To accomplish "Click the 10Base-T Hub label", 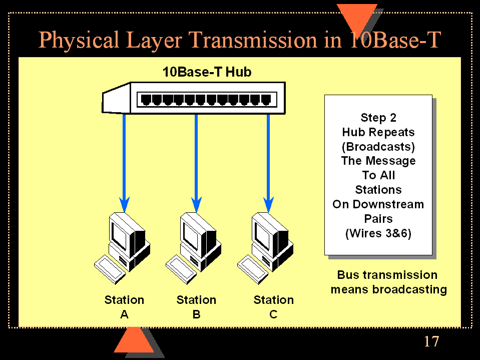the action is coord(207,72).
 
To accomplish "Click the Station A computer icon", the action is coord(123,248).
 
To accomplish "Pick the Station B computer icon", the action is coord(194,248).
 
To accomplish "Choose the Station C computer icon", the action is coord(265,248).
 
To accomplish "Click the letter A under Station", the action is coord(124,314).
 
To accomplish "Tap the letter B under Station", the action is coord(197,314).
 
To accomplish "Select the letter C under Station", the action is coord(273,314).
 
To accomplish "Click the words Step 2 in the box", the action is coord(378,118).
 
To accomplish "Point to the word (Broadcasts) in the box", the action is coord(378,147).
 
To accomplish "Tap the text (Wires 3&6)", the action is coord(378,233).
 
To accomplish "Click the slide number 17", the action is coord(431,341).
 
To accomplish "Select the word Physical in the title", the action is coord(79,40).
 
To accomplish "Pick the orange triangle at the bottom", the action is coord(134,340).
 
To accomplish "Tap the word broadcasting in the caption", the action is coord(409,289).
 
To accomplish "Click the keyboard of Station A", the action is coord(110,269).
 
